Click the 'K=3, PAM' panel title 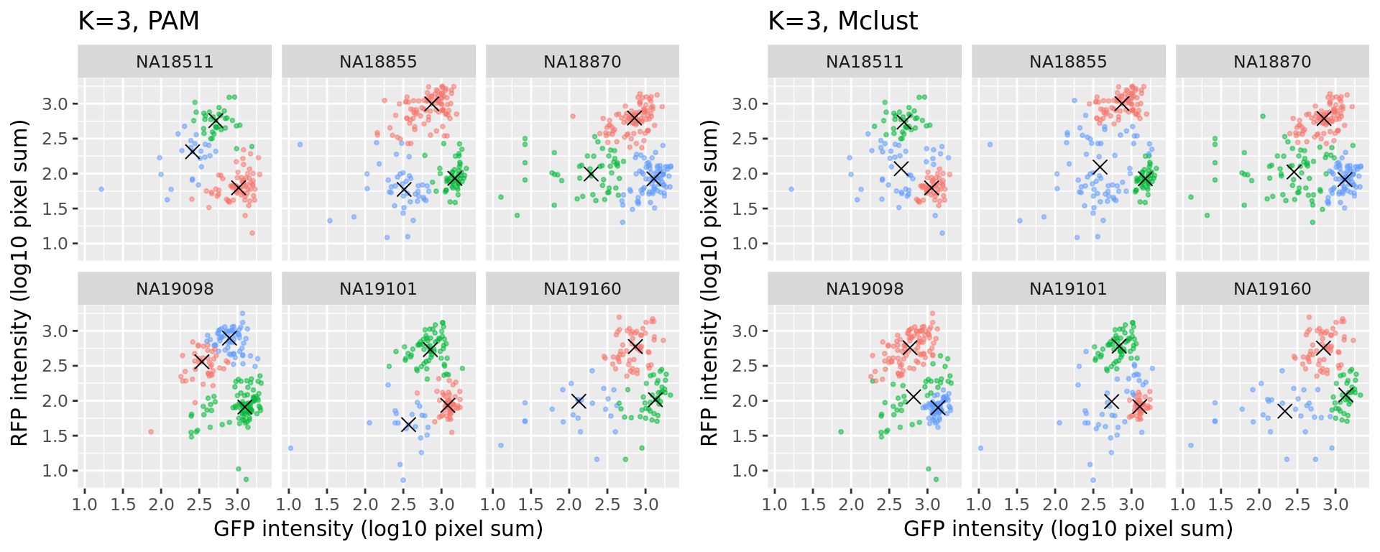[x=139, y=22]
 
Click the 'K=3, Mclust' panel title [x=842, y=22]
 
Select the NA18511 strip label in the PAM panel [x=175, y=62]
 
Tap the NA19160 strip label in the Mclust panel [x=1272, y=289]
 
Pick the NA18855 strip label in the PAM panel [x=378, y=62]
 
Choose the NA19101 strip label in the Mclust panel [x=1068, y=289]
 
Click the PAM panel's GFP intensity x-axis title [x=378, y=529]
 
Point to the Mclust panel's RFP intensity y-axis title [x=709, y=282]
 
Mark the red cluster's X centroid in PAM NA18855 [x=431, y=103]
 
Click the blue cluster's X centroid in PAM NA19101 [x=408, y=424]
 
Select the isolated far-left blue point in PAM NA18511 [x=101, y=189]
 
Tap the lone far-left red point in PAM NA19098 [x=151, y=432]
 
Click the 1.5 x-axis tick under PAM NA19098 [x=123, y=505]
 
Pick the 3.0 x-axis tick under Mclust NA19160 [x=1335, y=505]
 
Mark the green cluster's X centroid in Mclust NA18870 [x=1294, y=172]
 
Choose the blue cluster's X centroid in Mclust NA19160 [x=1284, y=411]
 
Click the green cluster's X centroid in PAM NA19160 [x=654, y=400]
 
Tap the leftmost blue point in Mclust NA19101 [x=980, y=448]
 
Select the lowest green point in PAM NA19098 [x=246, y=479]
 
